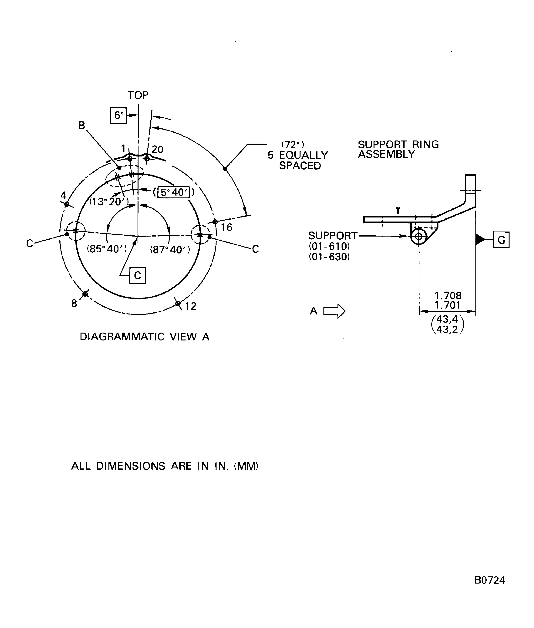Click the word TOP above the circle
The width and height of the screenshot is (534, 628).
138,95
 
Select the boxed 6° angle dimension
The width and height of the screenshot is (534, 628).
118,115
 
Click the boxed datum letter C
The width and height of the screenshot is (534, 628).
137,275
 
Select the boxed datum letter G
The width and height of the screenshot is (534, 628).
501,240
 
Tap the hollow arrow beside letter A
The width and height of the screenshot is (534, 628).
334,311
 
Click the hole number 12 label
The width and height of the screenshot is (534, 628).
190,306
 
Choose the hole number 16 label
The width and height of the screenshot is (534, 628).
226,227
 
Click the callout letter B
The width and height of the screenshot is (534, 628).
82,125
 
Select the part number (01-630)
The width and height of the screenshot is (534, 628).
329,257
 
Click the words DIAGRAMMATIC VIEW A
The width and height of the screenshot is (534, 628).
144,337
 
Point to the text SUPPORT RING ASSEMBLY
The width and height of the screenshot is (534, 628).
398,149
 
